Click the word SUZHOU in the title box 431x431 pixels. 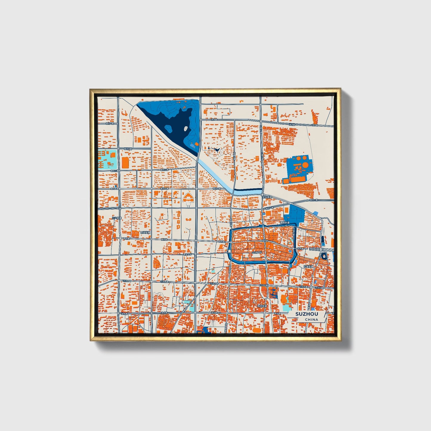click(x=307, y=314)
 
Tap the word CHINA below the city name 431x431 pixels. click(x=311, y=319)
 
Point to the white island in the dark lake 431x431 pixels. click(x=186, y=129)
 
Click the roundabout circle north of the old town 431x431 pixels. click(x=262, y=195)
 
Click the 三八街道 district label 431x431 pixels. click(x=117, y=218)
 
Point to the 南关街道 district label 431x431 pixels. click(x=262, y=306)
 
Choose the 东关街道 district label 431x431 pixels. click(x=308, y=266)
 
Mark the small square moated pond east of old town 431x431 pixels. click(x=324, y=256)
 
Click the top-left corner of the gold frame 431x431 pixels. click(x=90, y=89)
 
